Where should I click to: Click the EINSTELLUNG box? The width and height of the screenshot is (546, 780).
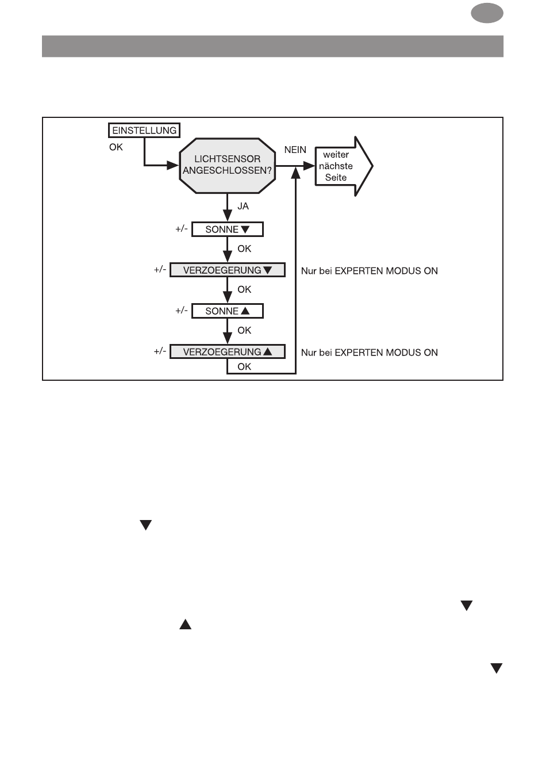144,130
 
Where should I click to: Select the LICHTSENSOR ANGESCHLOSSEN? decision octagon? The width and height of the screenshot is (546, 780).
227,166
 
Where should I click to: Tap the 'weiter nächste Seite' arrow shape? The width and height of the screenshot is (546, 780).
344,166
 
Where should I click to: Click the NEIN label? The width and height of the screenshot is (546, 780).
295,150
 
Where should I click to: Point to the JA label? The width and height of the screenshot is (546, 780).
243,206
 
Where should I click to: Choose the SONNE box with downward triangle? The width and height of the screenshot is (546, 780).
227,230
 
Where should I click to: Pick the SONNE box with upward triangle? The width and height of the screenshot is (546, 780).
227,311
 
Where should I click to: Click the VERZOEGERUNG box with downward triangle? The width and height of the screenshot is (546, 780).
227,270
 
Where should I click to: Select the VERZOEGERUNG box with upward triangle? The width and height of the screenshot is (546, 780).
227,351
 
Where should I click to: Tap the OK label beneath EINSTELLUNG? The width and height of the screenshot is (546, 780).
116,147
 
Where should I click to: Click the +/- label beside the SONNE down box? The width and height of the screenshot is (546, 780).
181,229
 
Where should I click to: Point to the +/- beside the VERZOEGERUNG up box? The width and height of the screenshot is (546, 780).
160,351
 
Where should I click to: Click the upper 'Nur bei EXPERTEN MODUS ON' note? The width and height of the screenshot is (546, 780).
369,271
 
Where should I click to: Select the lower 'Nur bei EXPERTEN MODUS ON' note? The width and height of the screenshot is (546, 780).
369,353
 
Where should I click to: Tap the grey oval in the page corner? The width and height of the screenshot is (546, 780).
487,13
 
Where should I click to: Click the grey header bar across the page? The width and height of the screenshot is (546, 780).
272,46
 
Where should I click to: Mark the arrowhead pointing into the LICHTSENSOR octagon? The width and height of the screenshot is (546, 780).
172,166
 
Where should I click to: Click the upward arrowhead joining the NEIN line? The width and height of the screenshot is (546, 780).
295,173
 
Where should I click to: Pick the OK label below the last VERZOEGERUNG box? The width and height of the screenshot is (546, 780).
244,366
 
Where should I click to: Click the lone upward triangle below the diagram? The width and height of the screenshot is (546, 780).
186,624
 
